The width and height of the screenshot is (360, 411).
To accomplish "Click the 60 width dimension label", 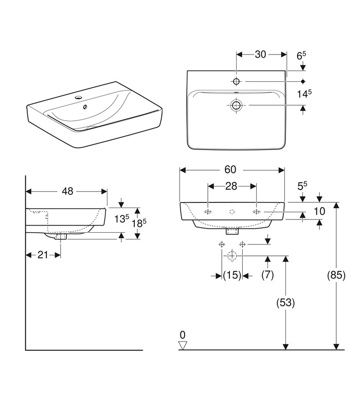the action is coord(230,170).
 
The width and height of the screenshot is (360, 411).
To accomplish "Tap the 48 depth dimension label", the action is coord(67,191).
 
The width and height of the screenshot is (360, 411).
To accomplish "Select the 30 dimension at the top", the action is coord(260,54).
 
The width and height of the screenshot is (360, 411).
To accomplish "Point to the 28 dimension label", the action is coord(231,186).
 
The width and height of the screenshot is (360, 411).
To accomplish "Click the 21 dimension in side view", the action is coord(43,254).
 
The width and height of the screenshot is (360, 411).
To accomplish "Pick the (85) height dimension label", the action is coord(336,275).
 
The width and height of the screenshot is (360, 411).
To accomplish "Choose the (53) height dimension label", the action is coord(285,303).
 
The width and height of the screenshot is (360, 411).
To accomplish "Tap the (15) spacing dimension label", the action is coord(232,275).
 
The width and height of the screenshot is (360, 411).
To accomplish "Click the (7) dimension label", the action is coord(267,275).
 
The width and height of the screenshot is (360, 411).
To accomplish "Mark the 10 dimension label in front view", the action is coord(319,211).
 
